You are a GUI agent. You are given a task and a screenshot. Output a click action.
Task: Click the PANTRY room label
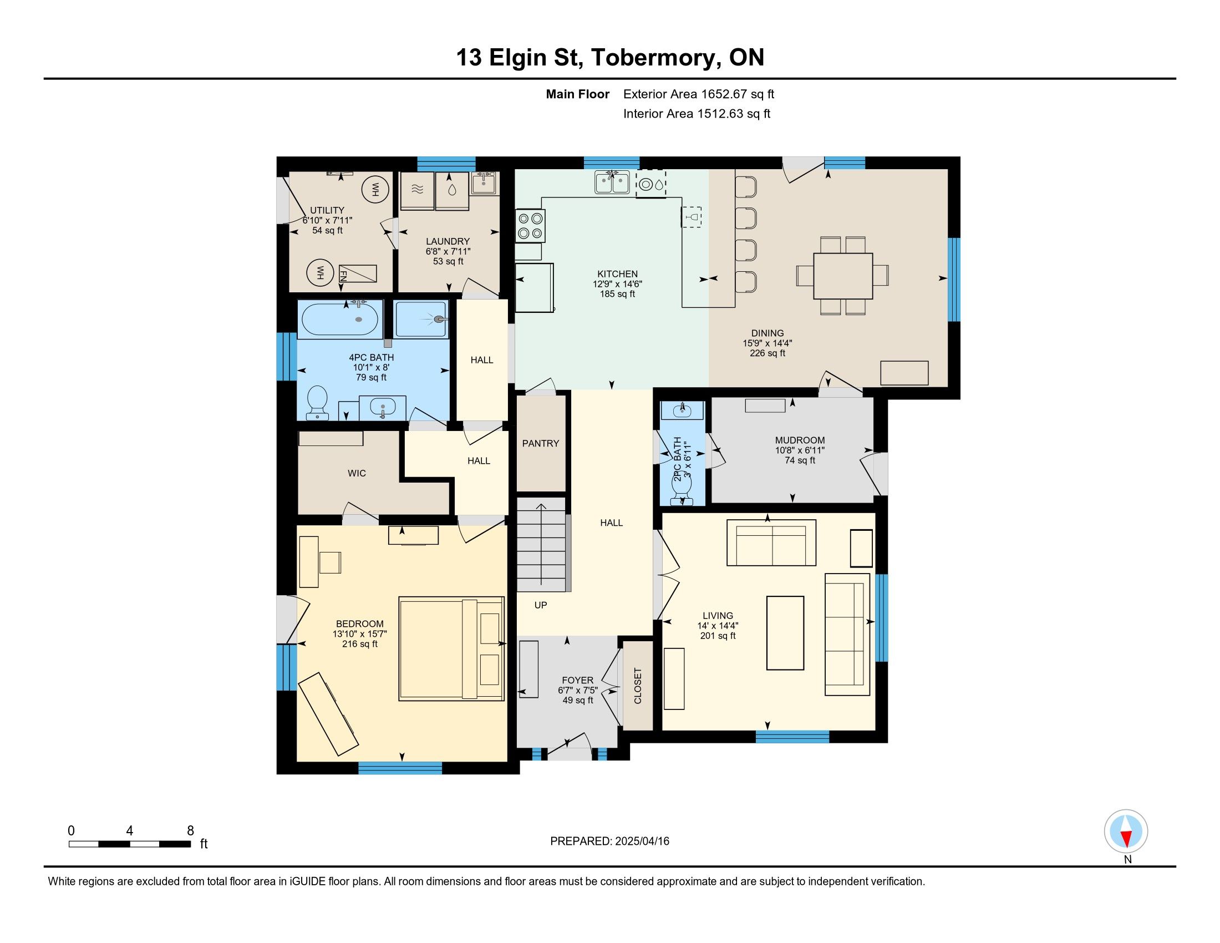(540, 443)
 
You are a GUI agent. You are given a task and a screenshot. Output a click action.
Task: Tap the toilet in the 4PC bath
(318, 402)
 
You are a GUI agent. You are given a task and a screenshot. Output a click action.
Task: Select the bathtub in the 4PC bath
(339, 319)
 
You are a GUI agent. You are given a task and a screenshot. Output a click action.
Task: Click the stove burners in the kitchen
(530, 226)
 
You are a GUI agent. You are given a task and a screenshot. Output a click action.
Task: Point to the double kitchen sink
(612, 182)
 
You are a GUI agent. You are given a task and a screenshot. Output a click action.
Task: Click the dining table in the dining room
(842, 276)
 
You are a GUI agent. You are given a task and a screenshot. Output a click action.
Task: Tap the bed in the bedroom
(451, 648)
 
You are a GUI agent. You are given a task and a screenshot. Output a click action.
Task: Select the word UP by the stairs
(540, 605)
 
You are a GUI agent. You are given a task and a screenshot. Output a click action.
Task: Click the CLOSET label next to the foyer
(637, 686)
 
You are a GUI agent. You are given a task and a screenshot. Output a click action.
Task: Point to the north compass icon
(1126, 831)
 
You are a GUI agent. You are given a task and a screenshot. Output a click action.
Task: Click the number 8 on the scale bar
(190, 830)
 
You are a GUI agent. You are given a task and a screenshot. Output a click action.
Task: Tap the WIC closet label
(357, 473)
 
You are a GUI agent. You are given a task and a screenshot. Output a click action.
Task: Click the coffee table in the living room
(785, 632)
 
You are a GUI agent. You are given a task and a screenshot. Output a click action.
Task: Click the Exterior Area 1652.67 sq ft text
(699, 94)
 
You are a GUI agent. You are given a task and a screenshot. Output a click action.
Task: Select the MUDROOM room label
(799, 440)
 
